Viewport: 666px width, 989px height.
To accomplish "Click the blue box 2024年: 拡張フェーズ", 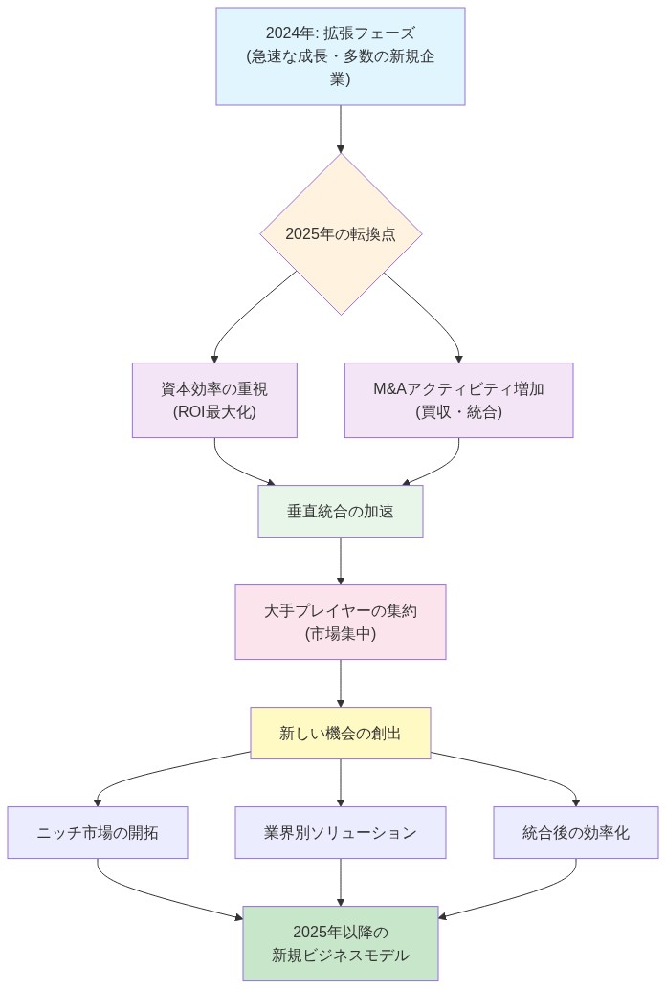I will [x=340, y=55].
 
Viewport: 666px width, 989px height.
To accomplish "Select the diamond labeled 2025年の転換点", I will [x=340, y=233].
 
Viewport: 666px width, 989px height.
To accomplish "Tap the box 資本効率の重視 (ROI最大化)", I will [x=214, y=400].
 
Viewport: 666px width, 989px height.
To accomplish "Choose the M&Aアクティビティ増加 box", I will [x=458, y=400].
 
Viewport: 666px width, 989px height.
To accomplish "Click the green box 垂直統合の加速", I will [x=340, y=512].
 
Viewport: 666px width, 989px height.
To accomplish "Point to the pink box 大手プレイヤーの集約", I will [x=340, y=622].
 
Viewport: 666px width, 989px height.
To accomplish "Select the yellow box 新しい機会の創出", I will [x=340, y=734].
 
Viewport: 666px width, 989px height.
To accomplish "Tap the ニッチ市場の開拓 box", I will [x=98, y=832].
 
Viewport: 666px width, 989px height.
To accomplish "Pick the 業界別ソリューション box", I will [x=340, y=832].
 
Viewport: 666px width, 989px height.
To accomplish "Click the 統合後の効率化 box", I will [x=576, y=832].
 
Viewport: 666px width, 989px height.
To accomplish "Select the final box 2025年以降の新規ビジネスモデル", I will [x=340, y=943].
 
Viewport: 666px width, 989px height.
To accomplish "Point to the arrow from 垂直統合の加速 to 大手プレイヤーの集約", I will [x=341, y=560].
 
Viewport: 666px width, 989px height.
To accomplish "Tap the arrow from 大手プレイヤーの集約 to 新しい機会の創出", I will [x=341, y=683].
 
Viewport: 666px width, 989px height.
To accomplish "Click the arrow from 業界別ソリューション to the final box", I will [x=341, y=881].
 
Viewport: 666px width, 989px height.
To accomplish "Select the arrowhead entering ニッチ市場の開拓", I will [x=98, y=802].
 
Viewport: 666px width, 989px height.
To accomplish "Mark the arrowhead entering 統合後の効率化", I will [x=576, y=802].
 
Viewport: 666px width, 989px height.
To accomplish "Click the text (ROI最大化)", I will [x=214, y=412].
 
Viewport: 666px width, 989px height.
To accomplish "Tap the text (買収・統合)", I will [x=458, y=412].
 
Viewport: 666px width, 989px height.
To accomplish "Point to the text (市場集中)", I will [x=340, y=634].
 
